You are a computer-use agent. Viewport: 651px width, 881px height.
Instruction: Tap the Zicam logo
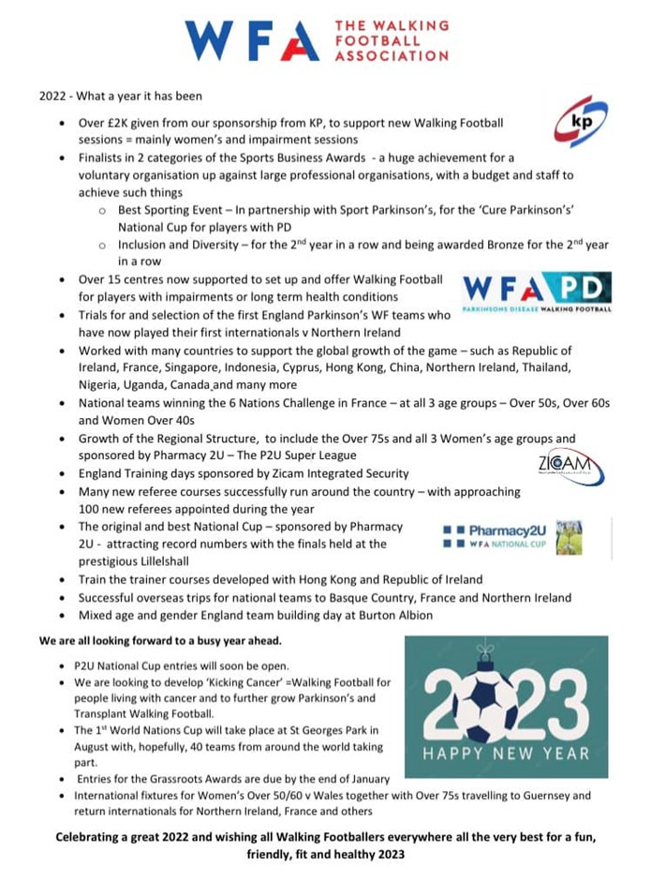(570, 466)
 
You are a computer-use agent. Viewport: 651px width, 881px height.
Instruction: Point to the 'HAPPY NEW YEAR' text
(506, 753)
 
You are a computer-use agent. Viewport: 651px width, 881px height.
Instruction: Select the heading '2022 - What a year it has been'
(120, 97)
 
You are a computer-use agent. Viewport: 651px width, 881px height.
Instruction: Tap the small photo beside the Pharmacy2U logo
(569, 537)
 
